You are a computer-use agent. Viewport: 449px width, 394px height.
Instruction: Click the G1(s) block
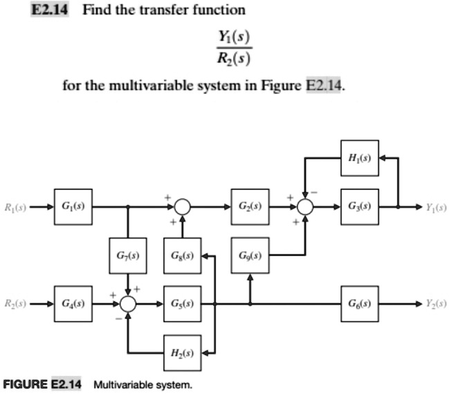click(71, 207)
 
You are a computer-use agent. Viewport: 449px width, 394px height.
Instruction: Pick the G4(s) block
click(71, 303)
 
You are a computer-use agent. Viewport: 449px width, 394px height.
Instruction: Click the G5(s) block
click(182, 303)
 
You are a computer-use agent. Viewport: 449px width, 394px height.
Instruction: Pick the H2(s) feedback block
click(182, 352)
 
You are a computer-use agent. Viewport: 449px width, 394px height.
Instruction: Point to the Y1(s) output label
click(435, 207)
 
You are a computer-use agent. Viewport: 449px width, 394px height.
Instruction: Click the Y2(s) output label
click(435, 303)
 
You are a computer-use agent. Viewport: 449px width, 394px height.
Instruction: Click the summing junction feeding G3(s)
click(305, 207)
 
